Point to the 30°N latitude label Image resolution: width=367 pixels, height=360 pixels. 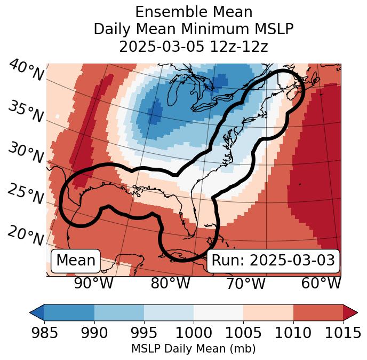[26, 153]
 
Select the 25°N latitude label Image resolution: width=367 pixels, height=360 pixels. [26, 194]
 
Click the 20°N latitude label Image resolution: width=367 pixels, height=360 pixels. [26, 235]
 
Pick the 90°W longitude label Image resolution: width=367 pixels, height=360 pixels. [94, 283]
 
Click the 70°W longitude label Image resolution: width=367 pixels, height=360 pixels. [245, 283]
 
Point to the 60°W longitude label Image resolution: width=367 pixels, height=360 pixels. [321, 283]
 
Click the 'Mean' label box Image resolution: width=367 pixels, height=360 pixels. [76, 261]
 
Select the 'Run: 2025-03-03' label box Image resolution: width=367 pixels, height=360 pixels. [273, 261]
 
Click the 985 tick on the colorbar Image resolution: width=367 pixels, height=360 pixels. [44, 333]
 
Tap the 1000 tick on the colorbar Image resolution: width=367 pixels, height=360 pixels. [194, 333]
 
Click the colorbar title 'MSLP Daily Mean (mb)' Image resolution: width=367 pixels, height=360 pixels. [193, 349]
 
